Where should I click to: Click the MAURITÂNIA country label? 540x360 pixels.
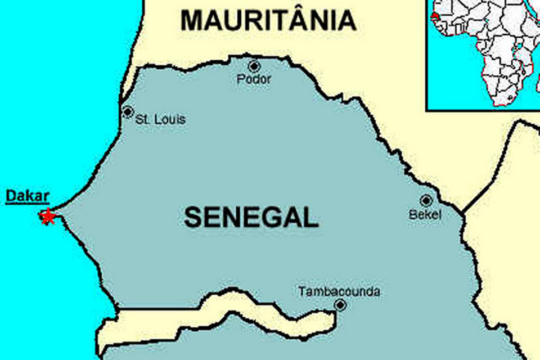pyautogui.click(x=268, y=21)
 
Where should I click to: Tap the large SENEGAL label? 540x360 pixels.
pyautogui.click(x=251, y=217)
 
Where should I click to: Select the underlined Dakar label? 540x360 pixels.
pyautogui.click(x=28, y=197)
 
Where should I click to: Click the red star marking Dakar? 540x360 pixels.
pyautogui.click(x=48, y=216)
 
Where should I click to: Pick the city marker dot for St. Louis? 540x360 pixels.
pyautogui.click(x=128, y=111)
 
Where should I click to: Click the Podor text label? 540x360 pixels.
pyautogui.click(x=254, y=79)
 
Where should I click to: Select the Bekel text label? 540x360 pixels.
pyautogui.click(x=426, y=215)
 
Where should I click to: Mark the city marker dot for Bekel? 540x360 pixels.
pyautogui.click(x=426, y=200)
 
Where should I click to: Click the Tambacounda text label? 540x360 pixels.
pyautogui.click(x=339, y=292)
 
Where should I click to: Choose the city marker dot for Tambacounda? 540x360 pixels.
pyautogui.click(x=340, y=305)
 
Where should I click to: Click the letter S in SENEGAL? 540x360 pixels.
pyautogui.click(x=193, y=217)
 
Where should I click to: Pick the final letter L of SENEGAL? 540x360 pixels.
pyautogui.click(x=310, y=217)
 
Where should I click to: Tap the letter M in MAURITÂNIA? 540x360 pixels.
pyautogui.click(x=192, y=21)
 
